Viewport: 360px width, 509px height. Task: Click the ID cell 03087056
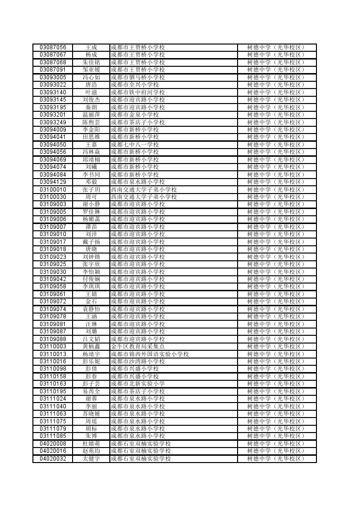tap(53, 47)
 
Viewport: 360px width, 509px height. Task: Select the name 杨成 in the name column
tap(91, 55)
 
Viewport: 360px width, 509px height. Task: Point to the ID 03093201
tap(53, 115)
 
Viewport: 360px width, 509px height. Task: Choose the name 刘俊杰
tap(91, 100)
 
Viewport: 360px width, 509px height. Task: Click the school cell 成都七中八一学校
tap(135, 145)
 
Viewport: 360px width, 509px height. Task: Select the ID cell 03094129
tap(53, 182)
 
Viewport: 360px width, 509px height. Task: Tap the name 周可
tap(91, 197)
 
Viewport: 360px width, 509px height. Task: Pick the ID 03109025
tap(53, 264)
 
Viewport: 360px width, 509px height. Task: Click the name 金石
tap(91, 301)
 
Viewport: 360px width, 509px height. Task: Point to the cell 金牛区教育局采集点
tap(137, 346)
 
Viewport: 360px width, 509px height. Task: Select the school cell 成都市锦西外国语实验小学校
tap(150, 354)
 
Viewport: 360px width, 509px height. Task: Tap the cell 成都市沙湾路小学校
tap(137, 361)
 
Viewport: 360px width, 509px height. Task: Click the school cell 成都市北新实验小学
tap(137, 384)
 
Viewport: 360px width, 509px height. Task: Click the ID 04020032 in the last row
tap(53, 459)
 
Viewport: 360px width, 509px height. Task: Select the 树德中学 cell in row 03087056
tap(276, 47)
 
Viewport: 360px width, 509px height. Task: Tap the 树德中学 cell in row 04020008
tap(276, 444)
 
